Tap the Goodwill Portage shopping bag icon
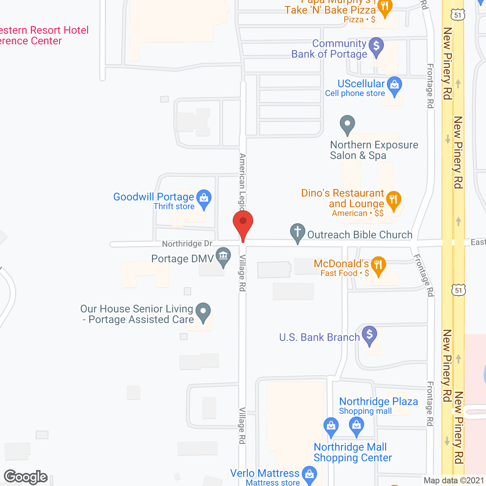pyautogui.click(x=204, y=198)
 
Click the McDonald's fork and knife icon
pyautogui.click(x=378, y=264)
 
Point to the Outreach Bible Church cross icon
pyautogui.click(x=298, y=232)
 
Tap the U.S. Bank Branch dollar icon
pyautogui.click(x=369, y=335)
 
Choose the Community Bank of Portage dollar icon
pyautogui.click(x=376, y=46)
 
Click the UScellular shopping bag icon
pyautogui.click(x=395, y=85)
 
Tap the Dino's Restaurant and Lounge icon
pyautogui.click(x=393, y=199)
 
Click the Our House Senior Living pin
pyautogui.click(x=204, y=311)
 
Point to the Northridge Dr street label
pyautogui.click(x=187, y=243)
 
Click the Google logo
pyautogui.click(x=26, y=477)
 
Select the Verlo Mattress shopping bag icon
pyautogui.click(x=309, y=474)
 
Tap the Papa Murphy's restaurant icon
pyautogui.click(x=385, y=6)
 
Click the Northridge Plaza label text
pyautogui.click(x=378, y=401)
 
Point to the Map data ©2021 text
pyautogui.click(x=454, y=481)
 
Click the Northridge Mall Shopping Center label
pyautogui.click(x=352, y=452)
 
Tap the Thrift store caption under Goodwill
pyautogui.click(x=174, y=207)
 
